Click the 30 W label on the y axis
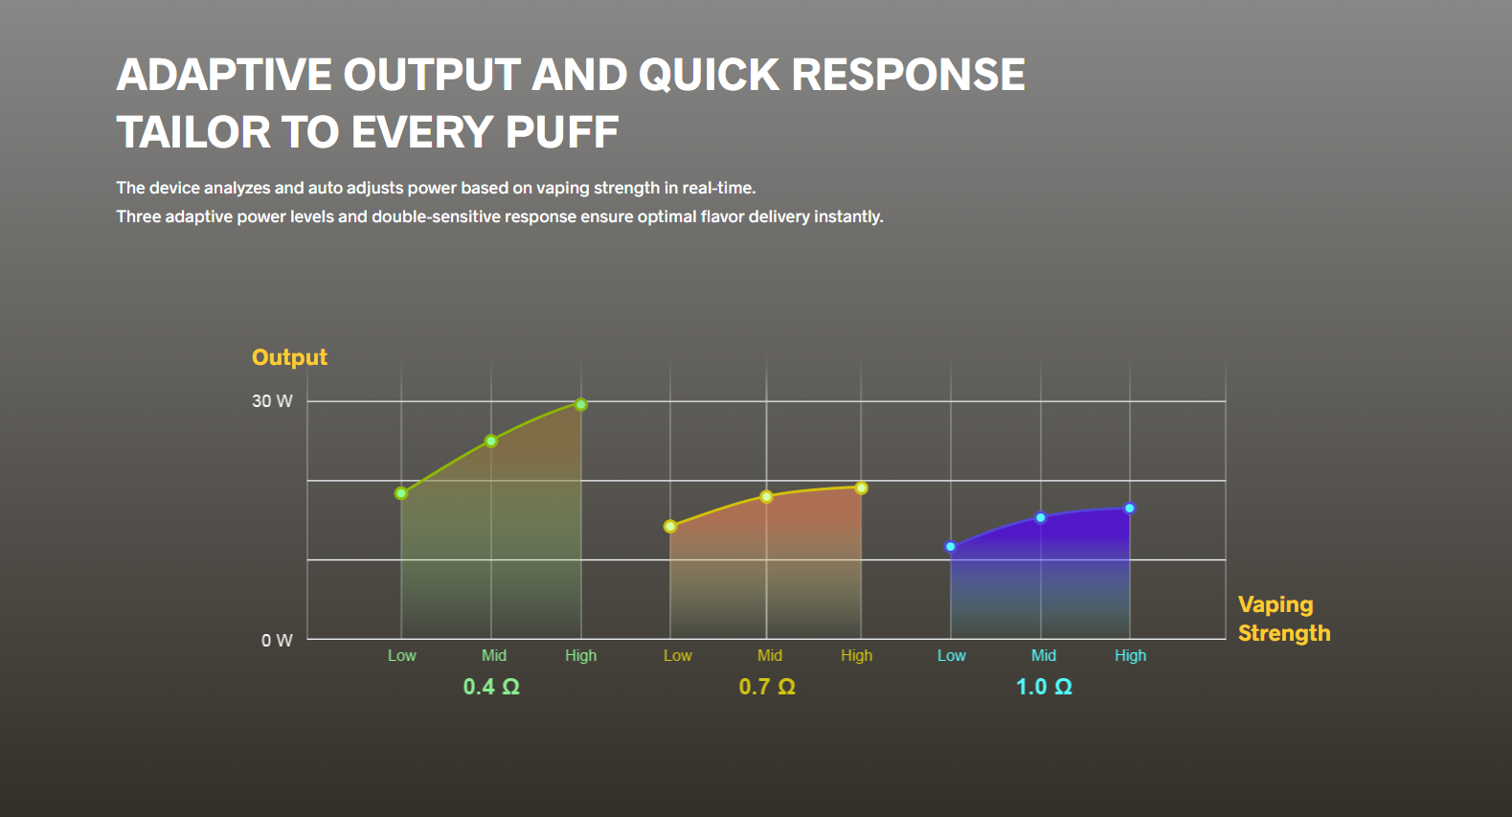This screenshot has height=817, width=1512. coord(272,401)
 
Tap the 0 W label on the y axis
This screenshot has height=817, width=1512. coord(277,640)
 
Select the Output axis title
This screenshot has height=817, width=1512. coord(289,357)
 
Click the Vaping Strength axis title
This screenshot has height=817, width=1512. coord(1284,619)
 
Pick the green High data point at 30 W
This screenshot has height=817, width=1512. coord(581,404)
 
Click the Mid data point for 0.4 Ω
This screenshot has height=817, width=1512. coord(491,441)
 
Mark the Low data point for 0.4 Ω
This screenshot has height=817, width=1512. coord(401,493)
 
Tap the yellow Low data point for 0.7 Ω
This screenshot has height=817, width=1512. coord(670,526)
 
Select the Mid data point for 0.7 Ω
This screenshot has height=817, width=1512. coord(766,497)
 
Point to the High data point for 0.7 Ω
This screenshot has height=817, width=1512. coord(861,488)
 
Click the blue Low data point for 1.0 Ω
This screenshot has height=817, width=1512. coord(951,547)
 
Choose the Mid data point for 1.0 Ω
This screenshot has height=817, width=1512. coord(1041,518)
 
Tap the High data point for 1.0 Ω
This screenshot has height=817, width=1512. coord(1130,509)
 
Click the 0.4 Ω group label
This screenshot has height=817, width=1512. coord(491,687)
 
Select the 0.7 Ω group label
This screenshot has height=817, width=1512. coord(767,687)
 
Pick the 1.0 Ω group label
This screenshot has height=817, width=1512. coord(1044,687)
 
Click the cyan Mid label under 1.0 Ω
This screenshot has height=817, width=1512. coord(1044,656)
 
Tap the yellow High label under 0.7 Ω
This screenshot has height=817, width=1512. coord(857,656)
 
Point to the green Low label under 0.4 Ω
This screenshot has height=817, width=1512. coord(401,656)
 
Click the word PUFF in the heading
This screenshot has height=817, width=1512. coord(561,131)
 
